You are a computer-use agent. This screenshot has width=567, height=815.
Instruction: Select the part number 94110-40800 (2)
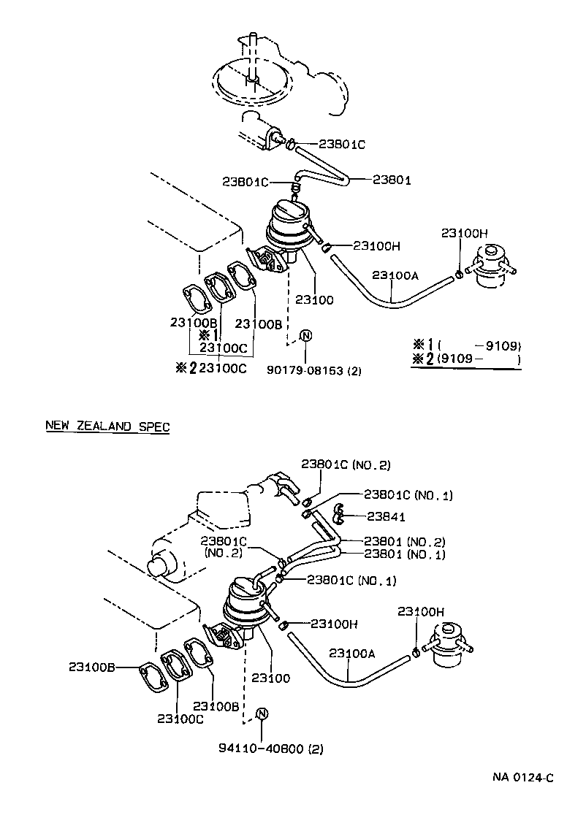(270, 748)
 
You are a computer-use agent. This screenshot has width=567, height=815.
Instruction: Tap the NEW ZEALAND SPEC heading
(107, 426)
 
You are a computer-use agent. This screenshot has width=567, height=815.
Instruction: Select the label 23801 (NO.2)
(404, 541)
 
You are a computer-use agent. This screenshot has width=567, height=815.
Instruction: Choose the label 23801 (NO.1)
(404, 554)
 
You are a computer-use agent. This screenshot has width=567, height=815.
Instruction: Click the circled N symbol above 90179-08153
(306, 335)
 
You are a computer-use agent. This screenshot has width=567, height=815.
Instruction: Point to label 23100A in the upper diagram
(395, 275)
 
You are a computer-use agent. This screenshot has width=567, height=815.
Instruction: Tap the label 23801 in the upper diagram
(392, 180)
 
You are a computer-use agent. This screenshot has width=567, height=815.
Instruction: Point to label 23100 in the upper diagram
(313, 299)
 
